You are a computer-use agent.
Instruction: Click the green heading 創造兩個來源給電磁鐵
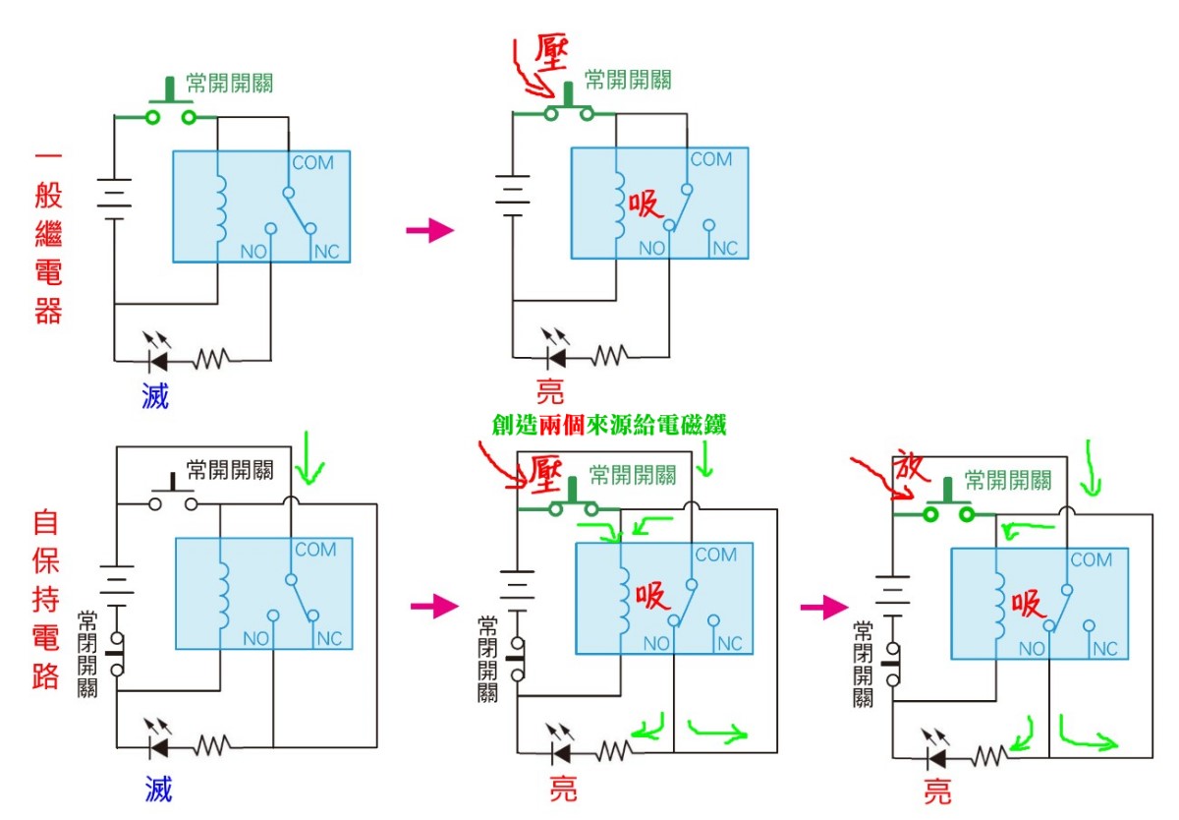pyautogui.click(x=609, y=425)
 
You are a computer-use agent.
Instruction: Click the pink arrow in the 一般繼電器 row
pyautogui.click(x=429, y=232)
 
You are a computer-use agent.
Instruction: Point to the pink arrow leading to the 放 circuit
pyautogui.click(x=823, y=607)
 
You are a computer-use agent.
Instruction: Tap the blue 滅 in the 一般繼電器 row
pyautogui.click(x=154, y=395)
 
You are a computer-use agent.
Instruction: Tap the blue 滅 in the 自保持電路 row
pyautogui.click(x=158, y=787)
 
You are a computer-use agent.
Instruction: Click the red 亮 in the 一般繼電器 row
pyautogui.click(x=550, y=391)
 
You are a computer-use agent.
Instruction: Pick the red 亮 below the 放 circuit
pyautogui.click(x=937, y=792)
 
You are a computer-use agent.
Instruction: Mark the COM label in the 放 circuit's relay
pyautogui.click(x=1091, y=560)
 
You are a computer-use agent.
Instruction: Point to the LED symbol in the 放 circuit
pyautogui.click(x=936, y=758)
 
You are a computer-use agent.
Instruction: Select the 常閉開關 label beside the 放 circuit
pyautogui.click(x=864, y=664)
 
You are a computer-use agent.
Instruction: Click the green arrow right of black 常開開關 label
pyautogui.click(x=311, y=462)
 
